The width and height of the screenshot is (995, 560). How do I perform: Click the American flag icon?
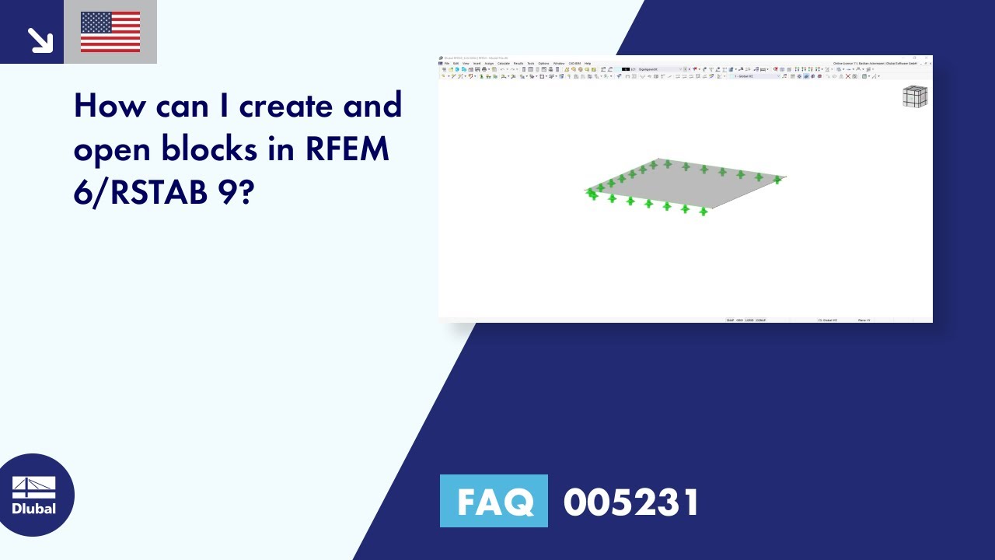coord(110,32)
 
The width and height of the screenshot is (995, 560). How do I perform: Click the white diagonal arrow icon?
coord(39,40)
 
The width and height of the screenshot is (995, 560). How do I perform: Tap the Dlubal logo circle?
coord(34,495)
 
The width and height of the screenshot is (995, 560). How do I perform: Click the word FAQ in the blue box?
coord(494,502)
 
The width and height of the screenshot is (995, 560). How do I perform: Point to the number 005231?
coord(631,502)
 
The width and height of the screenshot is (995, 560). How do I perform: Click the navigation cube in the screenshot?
coord(914,96)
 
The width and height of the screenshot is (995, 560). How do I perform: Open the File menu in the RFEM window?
coord(447,63)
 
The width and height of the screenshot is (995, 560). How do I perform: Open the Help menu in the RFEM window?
coord(588,63)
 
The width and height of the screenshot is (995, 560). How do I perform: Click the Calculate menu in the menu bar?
coord(504,63)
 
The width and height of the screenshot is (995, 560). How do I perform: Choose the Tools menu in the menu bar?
coord(531,63)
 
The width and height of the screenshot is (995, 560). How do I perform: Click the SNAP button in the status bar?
coord(730,320)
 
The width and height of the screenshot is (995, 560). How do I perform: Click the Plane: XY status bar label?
coord(864,320)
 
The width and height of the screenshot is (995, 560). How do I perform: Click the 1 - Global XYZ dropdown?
coord(747,76)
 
